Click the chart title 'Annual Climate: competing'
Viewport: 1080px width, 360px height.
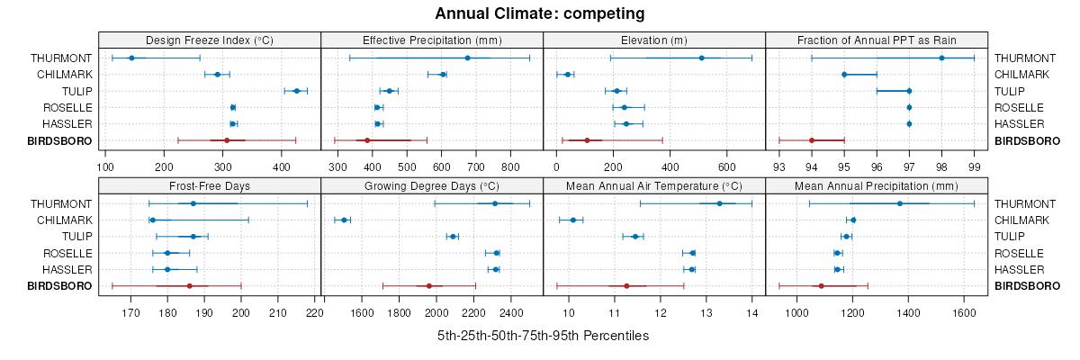click(x=540, y=13)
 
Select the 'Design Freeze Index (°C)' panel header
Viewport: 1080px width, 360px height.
click(x=210, y=40)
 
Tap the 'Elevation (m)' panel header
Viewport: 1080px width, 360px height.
click(x=654, y=40)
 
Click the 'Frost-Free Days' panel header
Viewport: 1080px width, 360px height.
click(x=210, y=186)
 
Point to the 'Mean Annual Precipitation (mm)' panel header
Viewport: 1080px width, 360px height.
click(x=877, y=186)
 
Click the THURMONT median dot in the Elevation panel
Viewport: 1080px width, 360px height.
click(x=701, y=58)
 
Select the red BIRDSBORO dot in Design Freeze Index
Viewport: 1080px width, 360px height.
click(x=227, y=140)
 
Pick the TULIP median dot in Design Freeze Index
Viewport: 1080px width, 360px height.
click(x=296, y=91)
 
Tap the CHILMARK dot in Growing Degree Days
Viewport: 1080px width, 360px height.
click(x=343, y=220)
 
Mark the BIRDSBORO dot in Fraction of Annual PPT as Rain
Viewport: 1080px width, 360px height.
click(x=812, y=140)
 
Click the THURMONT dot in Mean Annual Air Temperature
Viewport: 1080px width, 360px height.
click(x=719, y=203)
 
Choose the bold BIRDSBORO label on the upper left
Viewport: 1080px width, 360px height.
click(x=60, y=140)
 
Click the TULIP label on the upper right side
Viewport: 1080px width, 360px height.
click(x=1012, y=91)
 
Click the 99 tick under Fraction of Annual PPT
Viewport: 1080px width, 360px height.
click(x=974, y=166)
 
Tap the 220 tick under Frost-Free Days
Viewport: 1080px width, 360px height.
click(x=315, y=313)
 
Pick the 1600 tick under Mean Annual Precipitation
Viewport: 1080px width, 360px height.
click(x=963, y=313)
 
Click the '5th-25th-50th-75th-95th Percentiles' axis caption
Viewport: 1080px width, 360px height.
click(x=543, y=336)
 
